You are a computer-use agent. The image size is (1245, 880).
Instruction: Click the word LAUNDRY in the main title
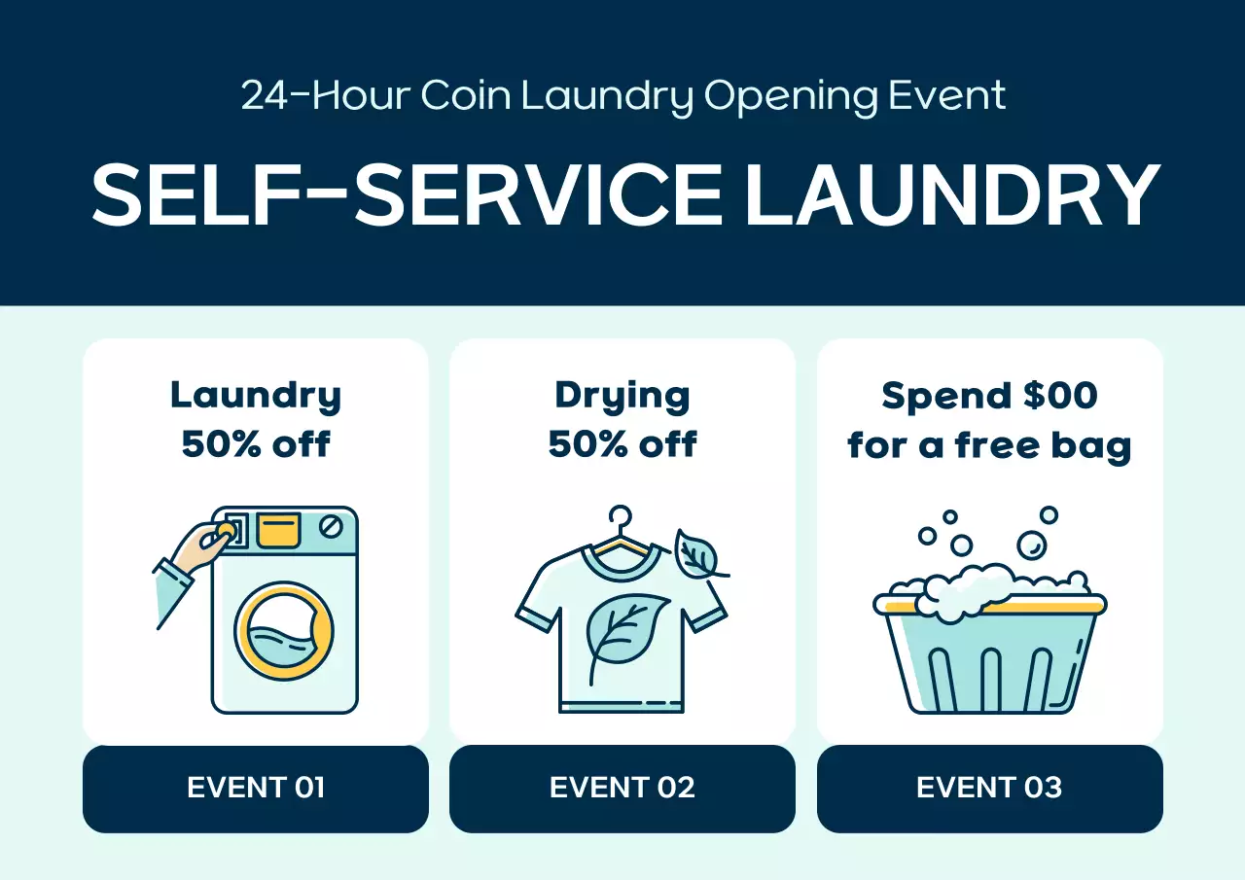point(952,194)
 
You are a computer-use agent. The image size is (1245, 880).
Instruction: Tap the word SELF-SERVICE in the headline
point(408,194)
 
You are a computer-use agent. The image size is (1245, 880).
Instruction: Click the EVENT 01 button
point(256,788)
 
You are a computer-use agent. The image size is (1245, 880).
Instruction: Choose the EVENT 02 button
point(622,788)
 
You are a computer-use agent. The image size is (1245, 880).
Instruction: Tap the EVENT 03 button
point(989,788)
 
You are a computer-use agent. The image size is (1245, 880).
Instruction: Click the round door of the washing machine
point(285,631)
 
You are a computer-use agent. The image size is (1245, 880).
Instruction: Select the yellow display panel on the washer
point(278,529)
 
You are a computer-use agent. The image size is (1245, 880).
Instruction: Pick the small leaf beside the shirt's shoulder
point(696,555)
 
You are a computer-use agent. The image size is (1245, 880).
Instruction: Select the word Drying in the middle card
point(622,396)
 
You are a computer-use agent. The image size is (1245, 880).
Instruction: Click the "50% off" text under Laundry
point(256,444)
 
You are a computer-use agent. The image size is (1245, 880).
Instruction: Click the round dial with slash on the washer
point(332,527)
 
